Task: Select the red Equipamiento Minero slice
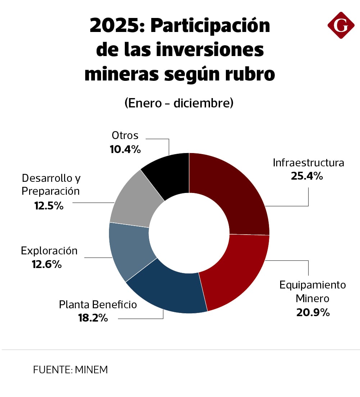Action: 237,273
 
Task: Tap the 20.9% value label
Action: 313,312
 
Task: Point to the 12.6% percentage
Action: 47,264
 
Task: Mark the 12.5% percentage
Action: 49,206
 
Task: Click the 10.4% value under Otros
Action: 125,149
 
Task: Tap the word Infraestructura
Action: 308,163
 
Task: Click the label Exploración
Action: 49,250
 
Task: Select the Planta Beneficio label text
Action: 98,305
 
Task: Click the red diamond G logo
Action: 341,25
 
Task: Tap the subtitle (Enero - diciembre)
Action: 179,103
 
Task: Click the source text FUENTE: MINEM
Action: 70,370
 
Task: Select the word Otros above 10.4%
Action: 125,135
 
